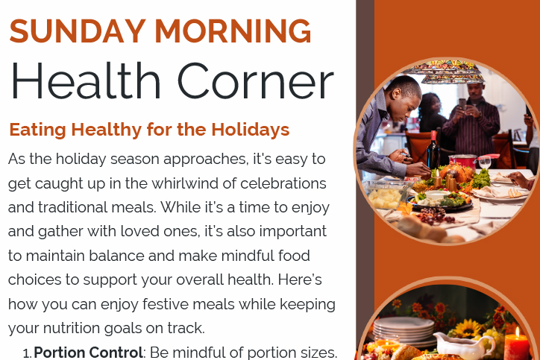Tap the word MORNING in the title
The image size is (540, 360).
(x=233, y=31)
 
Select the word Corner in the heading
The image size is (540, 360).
(x=255, y=81)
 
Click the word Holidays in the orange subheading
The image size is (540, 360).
(x=251, y=130)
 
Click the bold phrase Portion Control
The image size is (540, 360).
(x=88, y=353)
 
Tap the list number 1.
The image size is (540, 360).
(x=27, y=353)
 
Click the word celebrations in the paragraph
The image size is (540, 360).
(x=283, y=183)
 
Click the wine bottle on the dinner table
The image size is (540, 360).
(x=433, y=150)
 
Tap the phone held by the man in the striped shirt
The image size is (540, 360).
(x=462, y=104)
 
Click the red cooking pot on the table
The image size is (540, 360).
(x=462, y=162)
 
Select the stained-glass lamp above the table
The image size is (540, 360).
(x=445, y=72)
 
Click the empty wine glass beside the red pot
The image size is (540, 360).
(x=485, y=162)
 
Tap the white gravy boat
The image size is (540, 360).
(x=463, y=346)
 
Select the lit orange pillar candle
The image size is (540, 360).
(x=516, y=344)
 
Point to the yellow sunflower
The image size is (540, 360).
(x=468, y=329)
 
